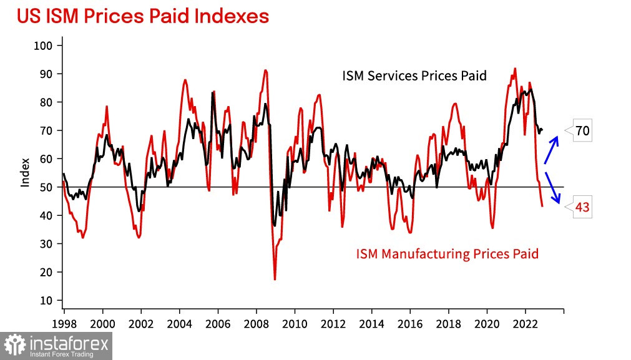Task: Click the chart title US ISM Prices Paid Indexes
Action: [x=143, y=16]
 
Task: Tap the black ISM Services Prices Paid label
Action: [x=414, y=76]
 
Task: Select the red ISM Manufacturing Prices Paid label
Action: [x=447, y=254]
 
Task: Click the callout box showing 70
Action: [x=582, y=131]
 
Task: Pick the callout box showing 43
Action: [x=582, y=208]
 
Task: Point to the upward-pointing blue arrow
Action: [x=551, y=148]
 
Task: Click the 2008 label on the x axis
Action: [x=256, y=324]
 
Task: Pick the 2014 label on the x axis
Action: [x=371, y=324]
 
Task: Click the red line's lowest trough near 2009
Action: [x=275, y=279]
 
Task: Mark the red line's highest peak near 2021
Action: [x=515, y=69]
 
